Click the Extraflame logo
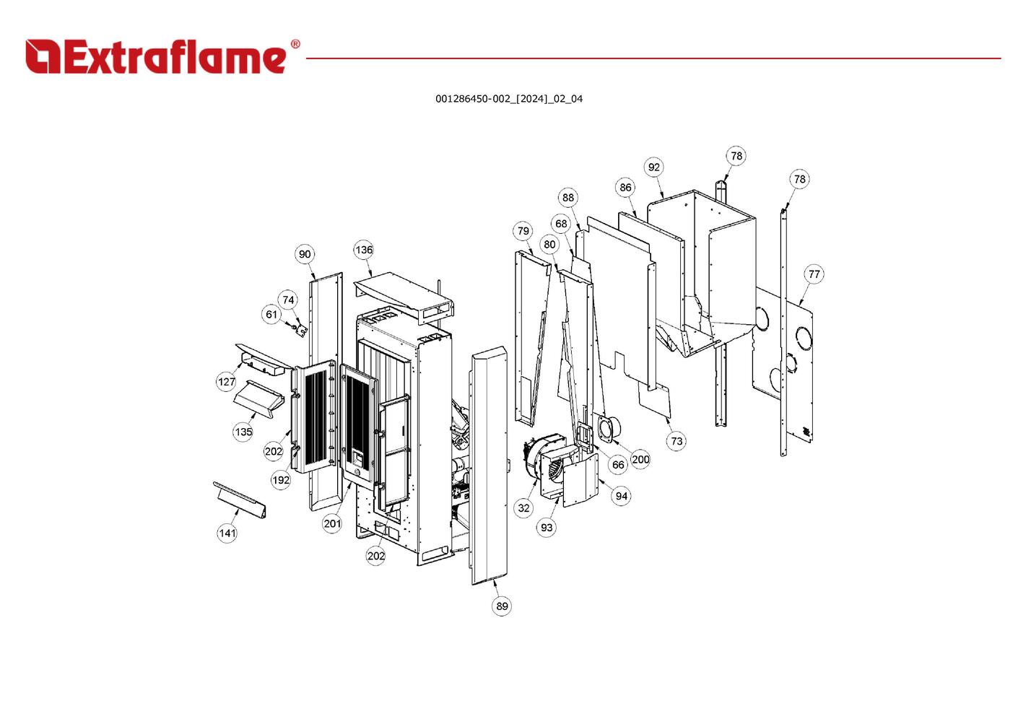pos(162,57)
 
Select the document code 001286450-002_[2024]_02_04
pos(508,99)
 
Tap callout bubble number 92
pos(653,167)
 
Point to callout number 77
pos(814,274)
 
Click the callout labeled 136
pos(363,250)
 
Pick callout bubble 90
pos(305,254)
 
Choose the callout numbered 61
pos(271,315)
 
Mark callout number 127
pos(226,382)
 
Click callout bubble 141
pos(227,533)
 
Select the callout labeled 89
pos(502,606)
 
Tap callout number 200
pos(640,459)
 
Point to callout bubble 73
pos(676,441)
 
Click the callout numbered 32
pos(523,508)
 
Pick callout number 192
pos(281,480)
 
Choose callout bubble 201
pos(332,524)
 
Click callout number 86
pos(625,188)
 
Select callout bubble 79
pos(523,231)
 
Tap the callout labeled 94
pos(622,496)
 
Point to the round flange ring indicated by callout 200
pos(606,429)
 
